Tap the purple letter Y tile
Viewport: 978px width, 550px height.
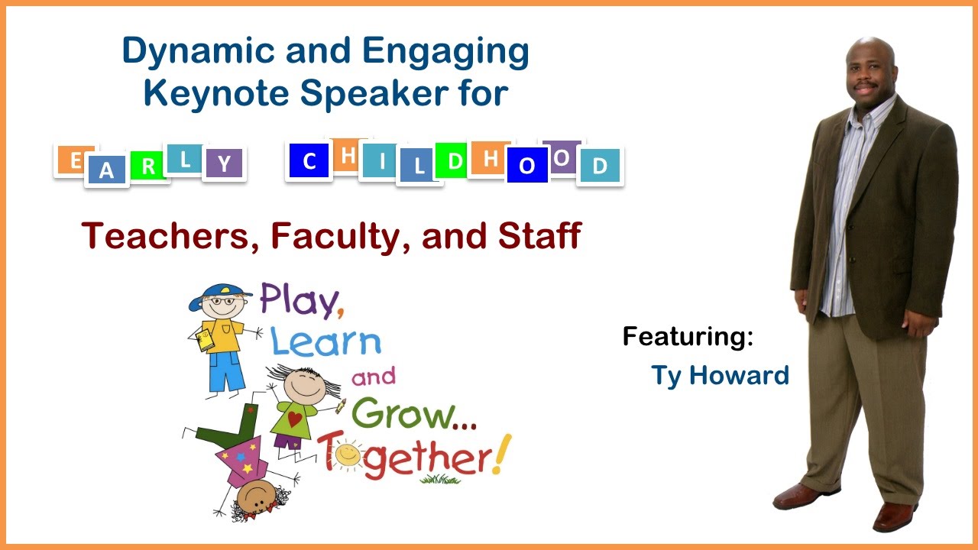(224, 164)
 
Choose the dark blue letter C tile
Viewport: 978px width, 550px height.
(309, 162)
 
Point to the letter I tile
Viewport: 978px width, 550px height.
(380, 162)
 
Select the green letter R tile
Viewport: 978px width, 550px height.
(148, 167)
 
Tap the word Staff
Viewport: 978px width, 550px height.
(539, 236)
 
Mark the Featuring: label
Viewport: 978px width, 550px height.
(688, 336)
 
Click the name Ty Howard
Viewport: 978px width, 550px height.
(720, 376)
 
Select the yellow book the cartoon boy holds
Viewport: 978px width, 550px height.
(206, 341)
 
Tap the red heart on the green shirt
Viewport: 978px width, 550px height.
(295, 418)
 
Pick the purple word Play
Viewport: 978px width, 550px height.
(298, 299)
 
